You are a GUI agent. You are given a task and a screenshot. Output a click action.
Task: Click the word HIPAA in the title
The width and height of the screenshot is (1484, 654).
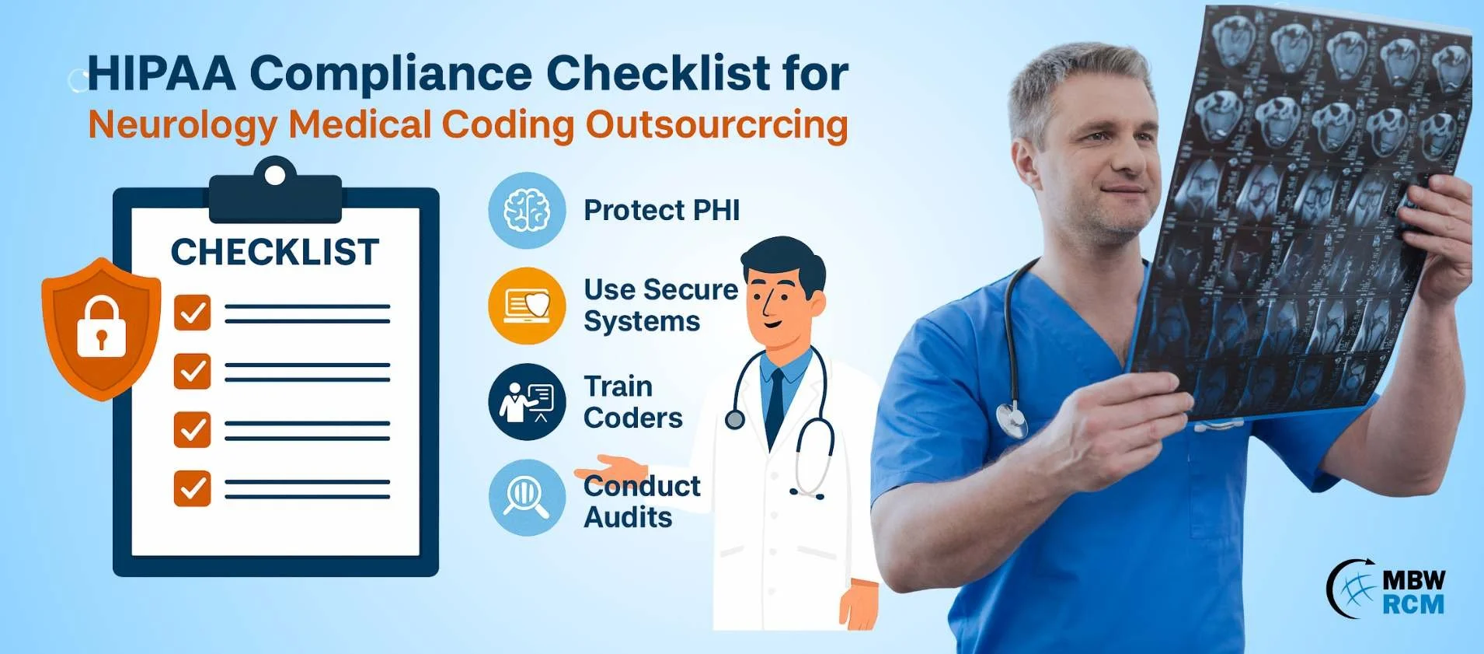162,73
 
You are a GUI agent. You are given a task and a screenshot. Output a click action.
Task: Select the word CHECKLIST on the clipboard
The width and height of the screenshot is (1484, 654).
275,252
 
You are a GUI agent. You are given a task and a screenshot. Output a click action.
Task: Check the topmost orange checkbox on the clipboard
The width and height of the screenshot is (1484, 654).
192,313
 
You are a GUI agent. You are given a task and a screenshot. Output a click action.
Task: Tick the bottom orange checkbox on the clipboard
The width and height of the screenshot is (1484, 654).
192,488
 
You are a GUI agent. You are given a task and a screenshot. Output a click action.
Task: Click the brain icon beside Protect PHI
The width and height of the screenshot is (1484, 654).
527,211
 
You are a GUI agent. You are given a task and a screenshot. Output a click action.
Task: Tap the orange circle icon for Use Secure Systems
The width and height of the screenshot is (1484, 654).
527,306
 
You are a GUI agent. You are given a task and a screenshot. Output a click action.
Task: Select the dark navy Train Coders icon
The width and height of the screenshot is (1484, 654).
527,402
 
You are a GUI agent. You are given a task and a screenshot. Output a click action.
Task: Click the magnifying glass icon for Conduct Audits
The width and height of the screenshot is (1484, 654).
527,498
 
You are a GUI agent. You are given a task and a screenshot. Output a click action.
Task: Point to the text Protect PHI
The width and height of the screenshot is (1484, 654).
662,210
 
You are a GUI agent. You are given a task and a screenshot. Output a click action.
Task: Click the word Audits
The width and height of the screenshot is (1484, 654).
628,517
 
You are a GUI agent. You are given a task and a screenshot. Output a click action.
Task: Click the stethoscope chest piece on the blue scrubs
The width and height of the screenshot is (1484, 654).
1012,420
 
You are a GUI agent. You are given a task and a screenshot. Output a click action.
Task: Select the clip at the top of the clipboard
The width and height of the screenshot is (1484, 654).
275,190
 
